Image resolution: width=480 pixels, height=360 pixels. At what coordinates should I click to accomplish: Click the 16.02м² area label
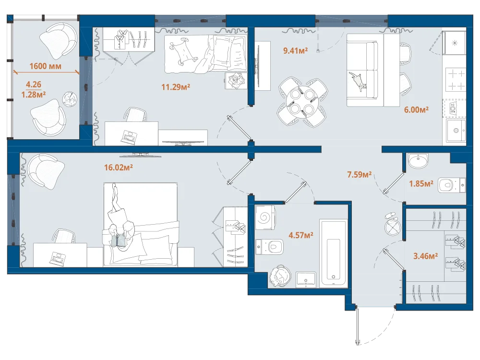click(118, 167)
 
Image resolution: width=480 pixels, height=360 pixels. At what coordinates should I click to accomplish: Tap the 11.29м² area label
click(176, 87)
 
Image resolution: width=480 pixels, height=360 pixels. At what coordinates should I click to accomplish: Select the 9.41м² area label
click(295, 50)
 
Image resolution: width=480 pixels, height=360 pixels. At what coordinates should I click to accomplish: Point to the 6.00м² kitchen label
click(416, 109)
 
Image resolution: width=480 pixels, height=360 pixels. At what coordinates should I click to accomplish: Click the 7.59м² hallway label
click(360, 175)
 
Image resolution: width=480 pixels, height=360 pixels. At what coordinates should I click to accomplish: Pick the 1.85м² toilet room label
click(421, 184)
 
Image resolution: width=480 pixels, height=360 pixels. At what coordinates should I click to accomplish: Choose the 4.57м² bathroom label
click(301, 235)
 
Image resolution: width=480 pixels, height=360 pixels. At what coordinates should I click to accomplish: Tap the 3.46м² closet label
click(425, 256)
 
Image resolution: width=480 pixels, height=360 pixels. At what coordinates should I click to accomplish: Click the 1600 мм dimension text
click(45, 66)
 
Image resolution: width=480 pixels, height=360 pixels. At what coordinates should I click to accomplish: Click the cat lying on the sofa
click(358, 81)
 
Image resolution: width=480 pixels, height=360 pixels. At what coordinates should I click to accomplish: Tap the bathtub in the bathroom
click(334, 253)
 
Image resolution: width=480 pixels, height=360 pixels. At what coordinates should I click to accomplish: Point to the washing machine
click(265, 217)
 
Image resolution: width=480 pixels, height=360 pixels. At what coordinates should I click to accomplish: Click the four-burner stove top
click(455, 80)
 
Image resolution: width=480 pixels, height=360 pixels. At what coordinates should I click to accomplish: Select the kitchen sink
click(456, 131)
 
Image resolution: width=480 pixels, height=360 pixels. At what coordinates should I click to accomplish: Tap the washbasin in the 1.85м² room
click(418, 161)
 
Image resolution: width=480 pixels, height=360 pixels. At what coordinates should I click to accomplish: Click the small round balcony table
click(70, 99)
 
